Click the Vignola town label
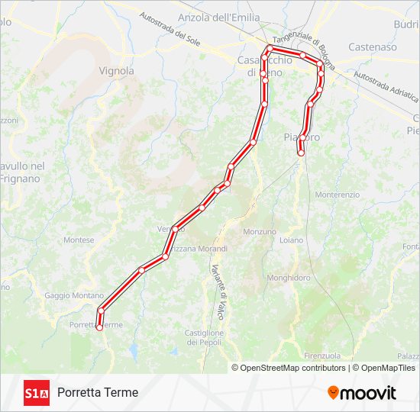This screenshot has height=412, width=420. click(x=117, y=71)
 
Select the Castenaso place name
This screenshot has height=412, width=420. click(x=372, y=47)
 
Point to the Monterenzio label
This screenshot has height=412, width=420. click(x=337, y=195)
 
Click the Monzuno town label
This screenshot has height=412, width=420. click(x=259, y=231)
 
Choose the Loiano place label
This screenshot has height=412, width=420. click(x=291, y=240)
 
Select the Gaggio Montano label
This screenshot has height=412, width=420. click(x=74, y=295)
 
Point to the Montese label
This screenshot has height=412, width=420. click(x=79, y=240)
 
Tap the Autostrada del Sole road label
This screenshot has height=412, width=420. click(x=170, y=29)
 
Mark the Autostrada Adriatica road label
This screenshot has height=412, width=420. click(x=386, y=88)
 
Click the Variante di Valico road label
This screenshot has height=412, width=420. click(x=219, y=279)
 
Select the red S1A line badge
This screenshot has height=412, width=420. click(x=37, y=393)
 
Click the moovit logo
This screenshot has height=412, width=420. click(x=362, y=393)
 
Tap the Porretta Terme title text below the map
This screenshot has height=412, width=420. click(x=98, y=392)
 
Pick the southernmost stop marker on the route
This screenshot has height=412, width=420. click(x=99, y=327)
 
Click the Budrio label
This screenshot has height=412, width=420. click(x=406, y=24)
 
